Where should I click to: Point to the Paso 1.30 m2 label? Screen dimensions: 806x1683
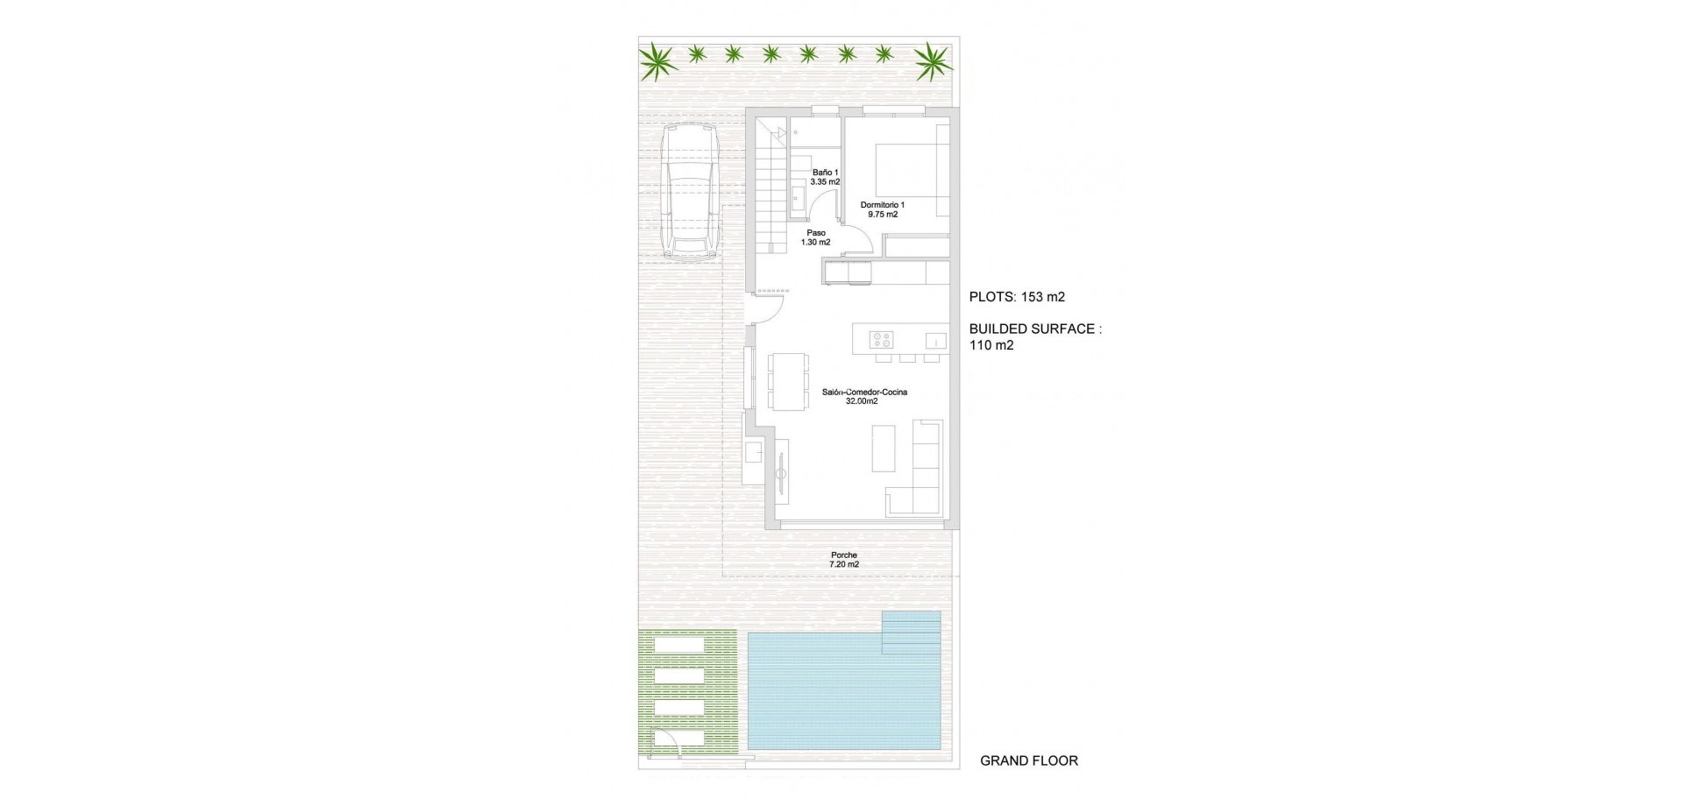click(816, 237)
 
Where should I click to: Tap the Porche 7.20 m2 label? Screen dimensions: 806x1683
click(844, 559)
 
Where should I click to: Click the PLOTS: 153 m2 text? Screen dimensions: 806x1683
click(1017, 297)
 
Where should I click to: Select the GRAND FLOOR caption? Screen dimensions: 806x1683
click(1028, 760)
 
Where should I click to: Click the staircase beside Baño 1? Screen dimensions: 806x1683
click(770, 188)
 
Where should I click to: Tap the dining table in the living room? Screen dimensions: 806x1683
click(788, 381)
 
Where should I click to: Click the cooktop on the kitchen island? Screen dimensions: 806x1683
click(880, 339)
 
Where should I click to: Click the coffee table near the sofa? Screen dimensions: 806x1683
click(883, 447)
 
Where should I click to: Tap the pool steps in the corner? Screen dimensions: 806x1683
click(911, 633)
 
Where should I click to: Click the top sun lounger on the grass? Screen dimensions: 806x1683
click(678, 646)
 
